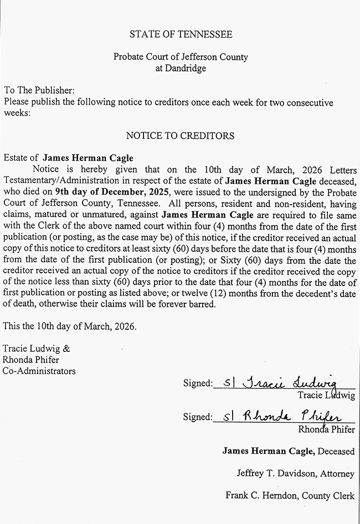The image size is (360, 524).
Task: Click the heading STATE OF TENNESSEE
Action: [x=181, y=34]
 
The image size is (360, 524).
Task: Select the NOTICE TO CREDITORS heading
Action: [x=180, y=136]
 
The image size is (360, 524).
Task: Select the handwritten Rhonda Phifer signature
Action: [x=283, y=416]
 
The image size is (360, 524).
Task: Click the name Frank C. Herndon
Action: [x=256, y=496]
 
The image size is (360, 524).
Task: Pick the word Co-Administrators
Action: [x=39, y=371]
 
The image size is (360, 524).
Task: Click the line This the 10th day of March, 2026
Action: [x=69, y=326]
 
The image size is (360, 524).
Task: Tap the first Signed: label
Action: [x=198, y=383]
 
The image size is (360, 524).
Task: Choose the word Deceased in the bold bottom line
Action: [x=336, y=451]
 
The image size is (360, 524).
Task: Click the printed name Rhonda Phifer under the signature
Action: [x=326, y=429]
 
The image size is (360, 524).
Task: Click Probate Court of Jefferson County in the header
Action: [x=181, y=57]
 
